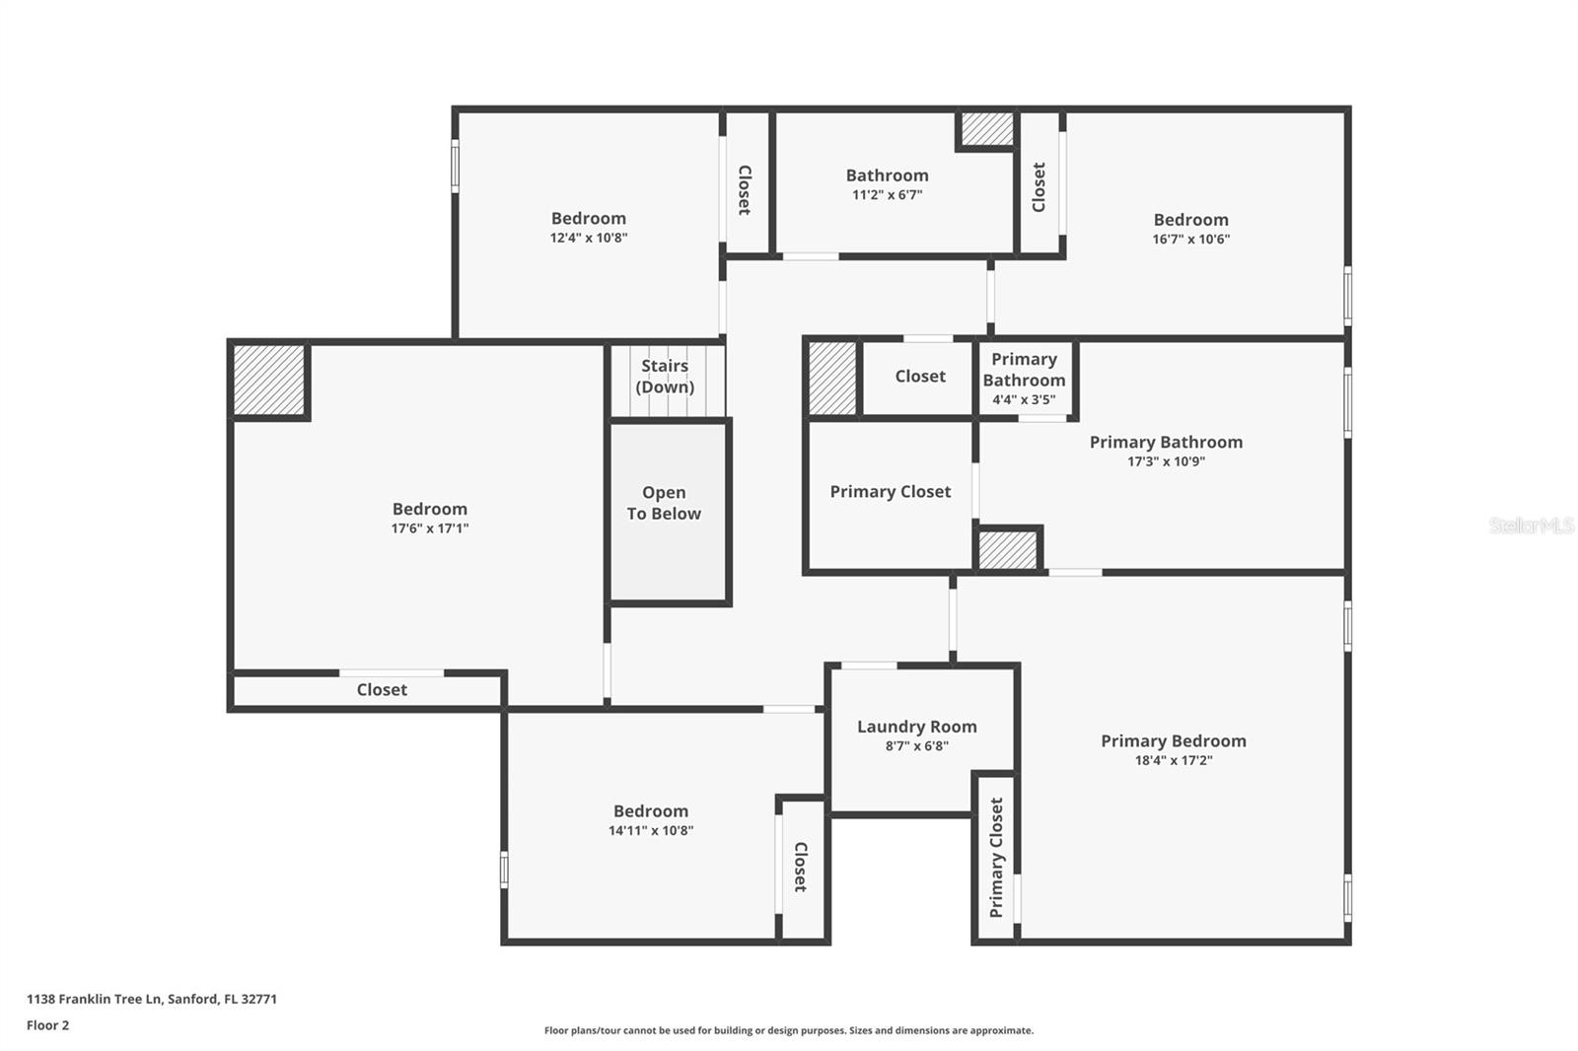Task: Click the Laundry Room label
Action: [x=916, y=727]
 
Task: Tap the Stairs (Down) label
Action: [x=665, y=376]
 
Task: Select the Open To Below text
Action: [x=664, y=503]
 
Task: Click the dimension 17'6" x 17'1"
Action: [x=429, y=528]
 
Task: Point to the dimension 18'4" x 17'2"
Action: [x=1173, y=760]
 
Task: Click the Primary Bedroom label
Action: [x=1173, y=740]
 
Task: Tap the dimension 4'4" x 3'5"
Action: [x=1024, y=399]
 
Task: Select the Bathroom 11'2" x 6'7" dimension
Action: [x=887, y=195]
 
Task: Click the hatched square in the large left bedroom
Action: [x=268, y=380]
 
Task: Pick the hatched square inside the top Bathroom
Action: [x=987, y=128]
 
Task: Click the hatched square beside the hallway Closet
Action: [x=832, y=378]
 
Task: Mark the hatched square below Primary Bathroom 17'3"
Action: [x=1008, y=550]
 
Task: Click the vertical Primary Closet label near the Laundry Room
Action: [x=996, y=857]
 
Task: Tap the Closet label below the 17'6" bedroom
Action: [x=382, y=689]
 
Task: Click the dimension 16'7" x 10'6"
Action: [x=1190, y=239]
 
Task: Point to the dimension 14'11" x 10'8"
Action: [x=650, y=830]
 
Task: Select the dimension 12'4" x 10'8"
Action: [x=588, y=238]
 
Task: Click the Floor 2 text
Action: [x=47, y=1025]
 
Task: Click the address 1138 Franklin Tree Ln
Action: [x=151, y=999]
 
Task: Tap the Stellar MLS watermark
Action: [x=1531, y=525]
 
